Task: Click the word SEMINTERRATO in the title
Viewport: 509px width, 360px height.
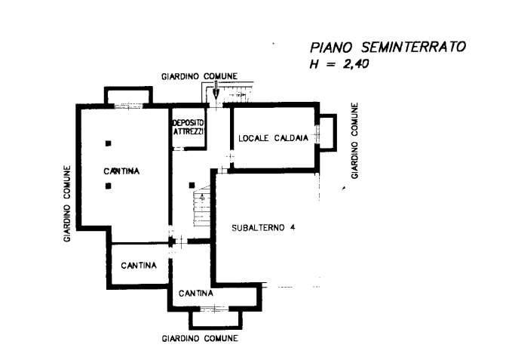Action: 419,47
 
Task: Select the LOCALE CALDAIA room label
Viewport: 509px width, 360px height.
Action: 271,138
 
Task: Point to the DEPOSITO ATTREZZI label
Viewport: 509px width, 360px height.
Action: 188,127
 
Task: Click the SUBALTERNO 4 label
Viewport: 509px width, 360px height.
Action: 263,227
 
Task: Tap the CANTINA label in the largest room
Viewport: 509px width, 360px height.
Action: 121,171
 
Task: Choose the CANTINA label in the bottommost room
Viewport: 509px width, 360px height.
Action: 196,293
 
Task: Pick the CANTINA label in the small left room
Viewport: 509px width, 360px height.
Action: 139,266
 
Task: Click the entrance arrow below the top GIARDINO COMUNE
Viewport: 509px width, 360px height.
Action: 216,92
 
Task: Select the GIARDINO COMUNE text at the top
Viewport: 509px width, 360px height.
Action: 200,76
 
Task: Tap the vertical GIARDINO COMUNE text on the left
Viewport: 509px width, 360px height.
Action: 67,203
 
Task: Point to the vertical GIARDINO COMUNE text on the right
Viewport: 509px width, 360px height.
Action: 354,140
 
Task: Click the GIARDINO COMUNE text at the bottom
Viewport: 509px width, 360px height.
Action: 200,339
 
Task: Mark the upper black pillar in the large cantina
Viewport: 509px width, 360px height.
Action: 109,143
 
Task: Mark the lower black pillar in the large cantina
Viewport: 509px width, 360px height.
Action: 109,185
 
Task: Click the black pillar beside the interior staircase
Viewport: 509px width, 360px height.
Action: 193,184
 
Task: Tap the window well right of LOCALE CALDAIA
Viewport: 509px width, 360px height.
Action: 327,131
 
